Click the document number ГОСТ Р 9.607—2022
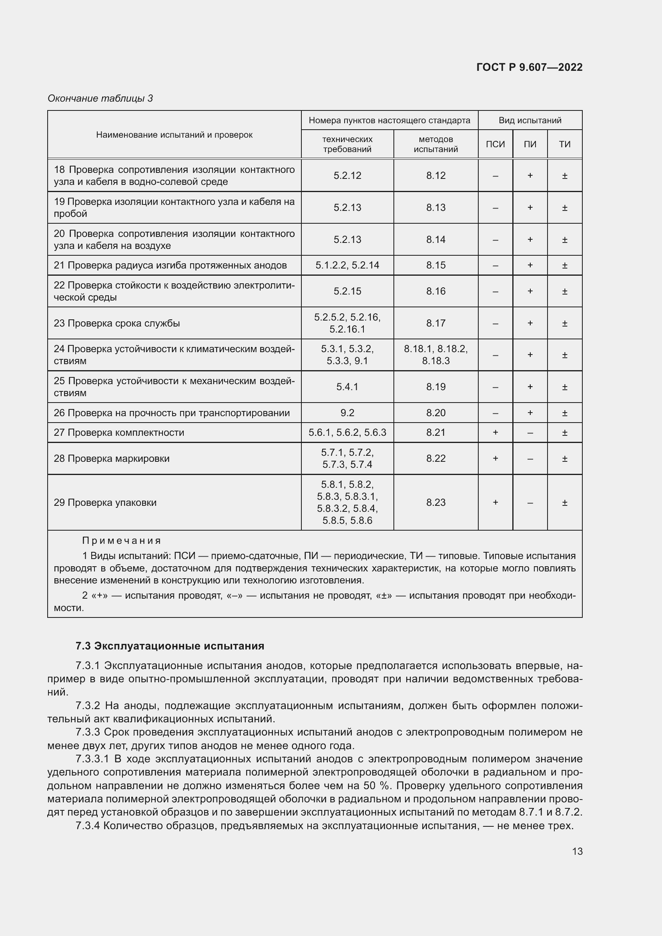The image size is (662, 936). pyautogui.click(x=529, y=67)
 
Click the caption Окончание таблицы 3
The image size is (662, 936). pyautogui.click(x=100, y=98)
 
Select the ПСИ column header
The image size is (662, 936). pyautogui.click(x=495, y=144)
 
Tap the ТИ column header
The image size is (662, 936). pyautogui.click(x=565, y=144)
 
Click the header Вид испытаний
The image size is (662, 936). pyautogui.click(x=530, y=120)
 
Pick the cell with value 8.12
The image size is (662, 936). pyautogui.click(x=436, y=176)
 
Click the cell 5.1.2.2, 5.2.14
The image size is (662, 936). pyautogui.click(x=347, y=265)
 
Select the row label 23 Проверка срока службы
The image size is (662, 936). pyautogui.click(x=117, y=323)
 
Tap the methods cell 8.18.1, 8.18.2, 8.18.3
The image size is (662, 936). pyautogui.click(x=436, y=355)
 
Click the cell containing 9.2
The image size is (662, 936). pyautogui.click(x=347, y=413)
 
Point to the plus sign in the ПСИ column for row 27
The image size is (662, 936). pyautogui.click(x=495, y=433)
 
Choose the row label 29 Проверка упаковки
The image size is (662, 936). pyautogui.click(x=105, y=503)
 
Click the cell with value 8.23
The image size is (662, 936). pyautogui.click(x=436, y=503)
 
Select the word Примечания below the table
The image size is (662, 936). pyautogui.click(x=122, y=541)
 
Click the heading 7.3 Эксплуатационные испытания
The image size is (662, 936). pyautogui.click(x=170, y=646)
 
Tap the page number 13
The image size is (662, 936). pyautogui.click(x=577, y=851)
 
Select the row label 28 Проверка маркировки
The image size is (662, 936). pyautogui.click(x=112, y=459)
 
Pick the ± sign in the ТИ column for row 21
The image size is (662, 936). pyautogui.click(x=565, y=265)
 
